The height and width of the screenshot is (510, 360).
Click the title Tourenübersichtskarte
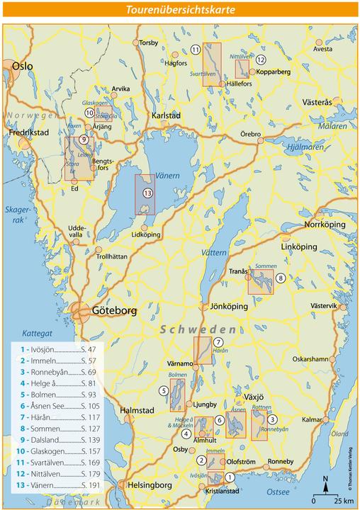coord(180,10)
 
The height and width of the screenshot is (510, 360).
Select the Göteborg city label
coord(113,310)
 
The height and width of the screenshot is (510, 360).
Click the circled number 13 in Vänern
coord(147,193)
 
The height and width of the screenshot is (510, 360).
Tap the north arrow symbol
coord(325,483)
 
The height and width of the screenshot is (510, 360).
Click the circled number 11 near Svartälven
coord(194,49)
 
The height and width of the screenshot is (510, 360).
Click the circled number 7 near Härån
coord(218,342)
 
